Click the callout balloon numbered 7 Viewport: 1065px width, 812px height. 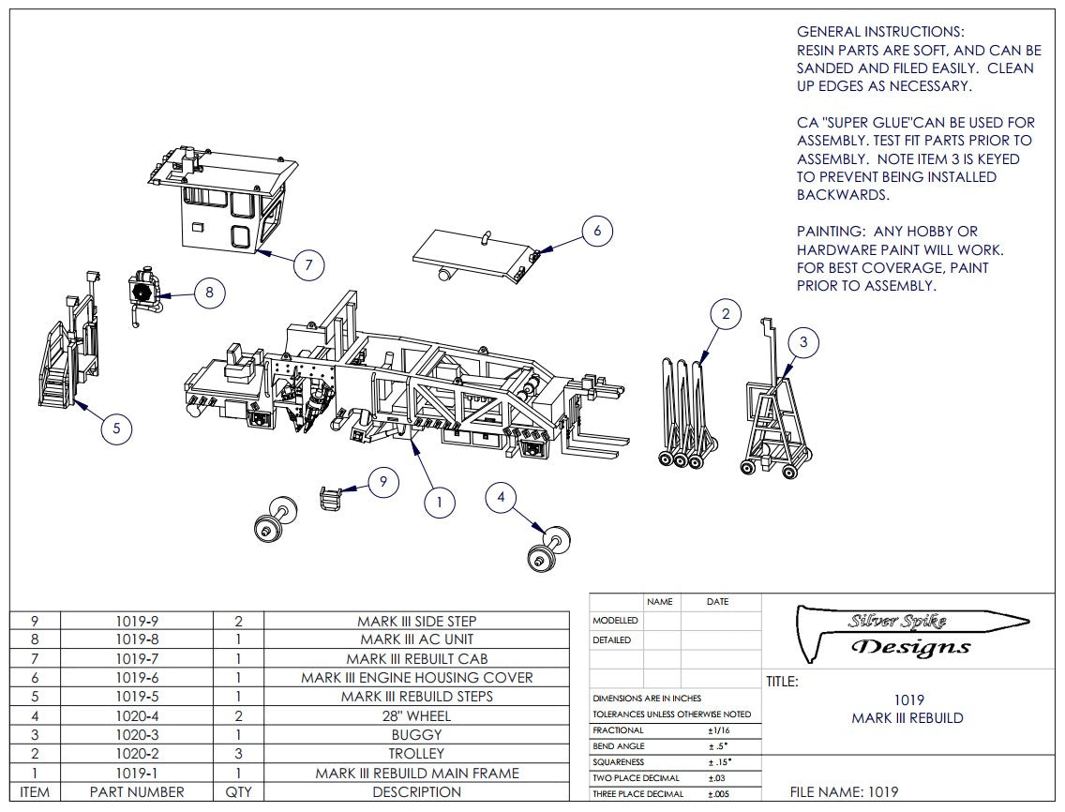308,265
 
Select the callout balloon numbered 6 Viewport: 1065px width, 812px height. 598,231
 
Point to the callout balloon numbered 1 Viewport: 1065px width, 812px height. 439,502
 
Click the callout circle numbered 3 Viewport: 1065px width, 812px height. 803,343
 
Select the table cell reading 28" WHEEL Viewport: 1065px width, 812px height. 416,715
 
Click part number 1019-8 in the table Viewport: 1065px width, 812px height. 137,639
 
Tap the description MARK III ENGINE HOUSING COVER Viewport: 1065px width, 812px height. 416,677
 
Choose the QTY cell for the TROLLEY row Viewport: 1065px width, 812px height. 238,753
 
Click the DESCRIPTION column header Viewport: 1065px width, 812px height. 416,791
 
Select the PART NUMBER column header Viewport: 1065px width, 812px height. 137,791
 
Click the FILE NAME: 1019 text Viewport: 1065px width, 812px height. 844,791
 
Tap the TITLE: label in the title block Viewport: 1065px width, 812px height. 782,682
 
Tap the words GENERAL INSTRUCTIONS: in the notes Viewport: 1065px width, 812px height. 880,32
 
